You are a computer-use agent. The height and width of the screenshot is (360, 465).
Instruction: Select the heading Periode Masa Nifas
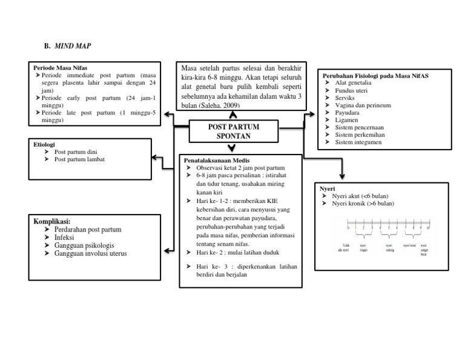pyautogui.click(x=58, y=68)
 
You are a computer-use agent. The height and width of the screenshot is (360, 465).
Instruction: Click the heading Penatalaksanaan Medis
pyautogui.click(x=216, y=161)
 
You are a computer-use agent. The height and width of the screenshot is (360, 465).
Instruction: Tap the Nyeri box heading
pyautogui.click(x=326, y=188)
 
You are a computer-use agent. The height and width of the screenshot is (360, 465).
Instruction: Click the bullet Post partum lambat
pyautogui.click(x=79, y=159)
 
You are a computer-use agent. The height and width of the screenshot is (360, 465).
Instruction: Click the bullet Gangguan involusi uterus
pyautogui.click(x=91, y=253)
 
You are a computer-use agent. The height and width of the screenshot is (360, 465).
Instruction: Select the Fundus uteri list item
pyautogui.click(x=351, y=90)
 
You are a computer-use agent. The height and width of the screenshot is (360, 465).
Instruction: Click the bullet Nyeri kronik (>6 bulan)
pyautogui.click(x=363, y=204)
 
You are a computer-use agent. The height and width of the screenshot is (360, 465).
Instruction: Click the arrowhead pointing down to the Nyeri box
pyautogui.click(x=342, y=178)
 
